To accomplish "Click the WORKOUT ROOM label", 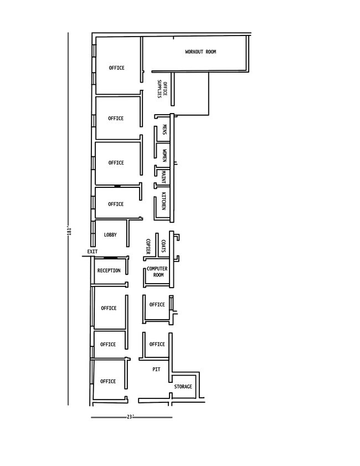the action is (x=200, y=52).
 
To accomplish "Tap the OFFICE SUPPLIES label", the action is (x=162, y=89).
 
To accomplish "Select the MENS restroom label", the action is (x=164, y=130).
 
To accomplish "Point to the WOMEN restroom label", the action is (x=164, y=156).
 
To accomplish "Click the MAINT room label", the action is (x=163, y=177).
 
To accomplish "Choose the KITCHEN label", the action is (x=163, y=201).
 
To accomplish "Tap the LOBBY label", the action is (x=110, y=235).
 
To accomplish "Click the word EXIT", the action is (x=92, y=252).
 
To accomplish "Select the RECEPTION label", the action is (x=109, y=270).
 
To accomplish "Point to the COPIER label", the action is (x=148, y=247).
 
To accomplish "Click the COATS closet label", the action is (x=163, y=246).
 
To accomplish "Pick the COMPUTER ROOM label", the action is (x=157, y=272).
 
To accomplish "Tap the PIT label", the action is (x=156, y=370).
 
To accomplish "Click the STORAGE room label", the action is (x=183, y=387).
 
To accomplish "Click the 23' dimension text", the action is (x=130, y=417).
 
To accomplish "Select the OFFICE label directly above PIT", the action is (x=157, y=344).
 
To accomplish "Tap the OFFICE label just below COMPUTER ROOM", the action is (x=157, y=305).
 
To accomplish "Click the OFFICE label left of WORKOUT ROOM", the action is (x=117, y=68).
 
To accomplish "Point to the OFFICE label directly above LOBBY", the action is (x=116, y=204).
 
